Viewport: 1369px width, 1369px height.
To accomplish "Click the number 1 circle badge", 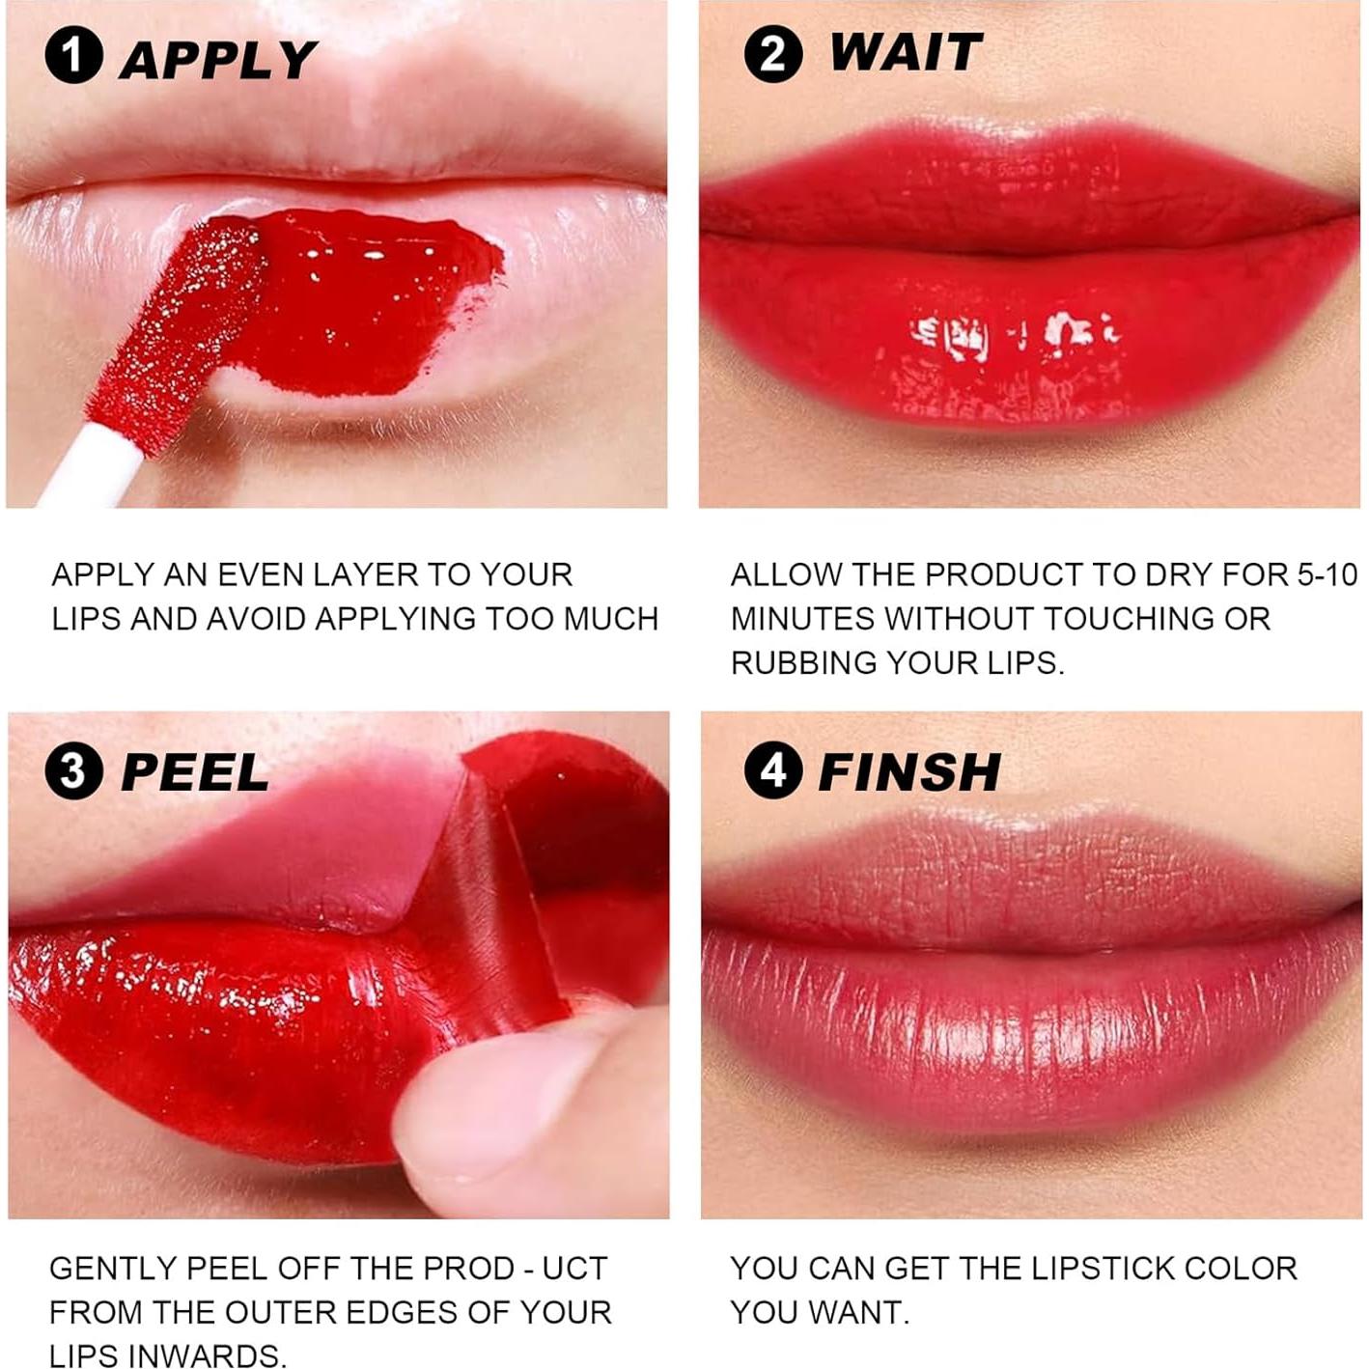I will tap(73, 56).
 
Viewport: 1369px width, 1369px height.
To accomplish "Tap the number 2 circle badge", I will tap(772, 53).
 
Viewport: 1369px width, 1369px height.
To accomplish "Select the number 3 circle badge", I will tap(73, 771).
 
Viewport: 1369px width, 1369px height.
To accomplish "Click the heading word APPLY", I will tap(218, 60).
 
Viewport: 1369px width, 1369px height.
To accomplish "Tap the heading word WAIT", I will tap(906, 52).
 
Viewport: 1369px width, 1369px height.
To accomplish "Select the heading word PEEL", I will tap(195, 772).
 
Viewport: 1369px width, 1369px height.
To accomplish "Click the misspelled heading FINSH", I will tap(908, 771).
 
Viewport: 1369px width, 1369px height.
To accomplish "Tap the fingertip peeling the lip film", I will tap(502, 1110).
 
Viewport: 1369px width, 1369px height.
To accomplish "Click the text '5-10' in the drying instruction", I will tap(1327, 575).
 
